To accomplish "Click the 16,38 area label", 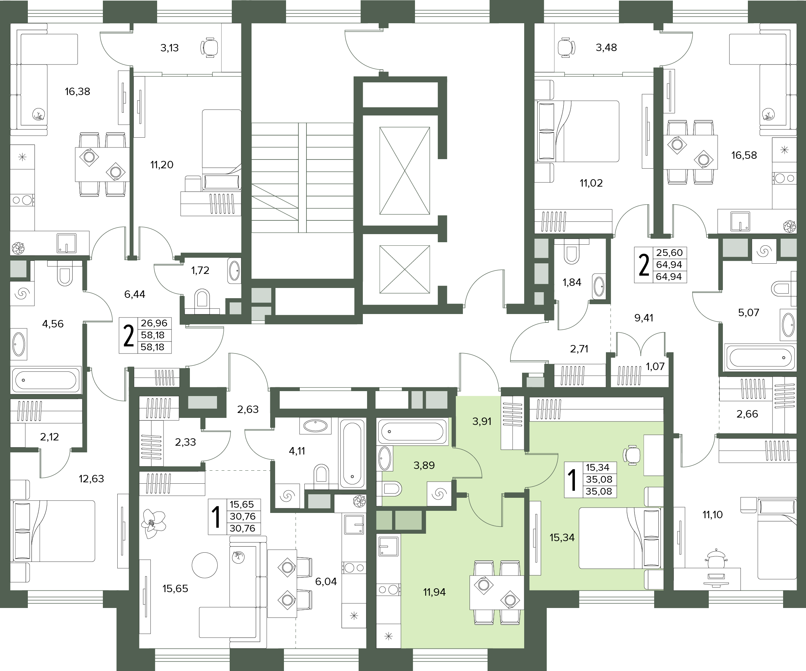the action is [x=77, y=91].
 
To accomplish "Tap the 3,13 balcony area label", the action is [x=169, y=48].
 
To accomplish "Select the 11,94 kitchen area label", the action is [x=434, y=592].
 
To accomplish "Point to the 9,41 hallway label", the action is [x=644, y=318].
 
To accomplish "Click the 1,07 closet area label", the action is [x=655, y=366].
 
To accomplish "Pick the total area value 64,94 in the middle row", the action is [x=669, y=265].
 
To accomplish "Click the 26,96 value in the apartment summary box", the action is [x=154, y=323].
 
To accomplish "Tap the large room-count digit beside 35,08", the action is [x=572, y=480].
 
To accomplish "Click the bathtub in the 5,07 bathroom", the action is [x=759, y=358].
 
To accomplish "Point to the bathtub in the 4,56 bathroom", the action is [x=46, y=380].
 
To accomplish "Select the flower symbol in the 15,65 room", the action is [x=153, y=524].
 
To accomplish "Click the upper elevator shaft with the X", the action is [x=404, y=170].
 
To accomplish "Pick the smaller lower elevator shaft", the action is [x=404, y=269].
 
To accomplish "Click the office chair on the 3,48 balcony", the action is [x=566, y=48].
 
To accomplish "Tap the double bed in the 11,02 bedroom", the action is [x=577, y=131].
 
